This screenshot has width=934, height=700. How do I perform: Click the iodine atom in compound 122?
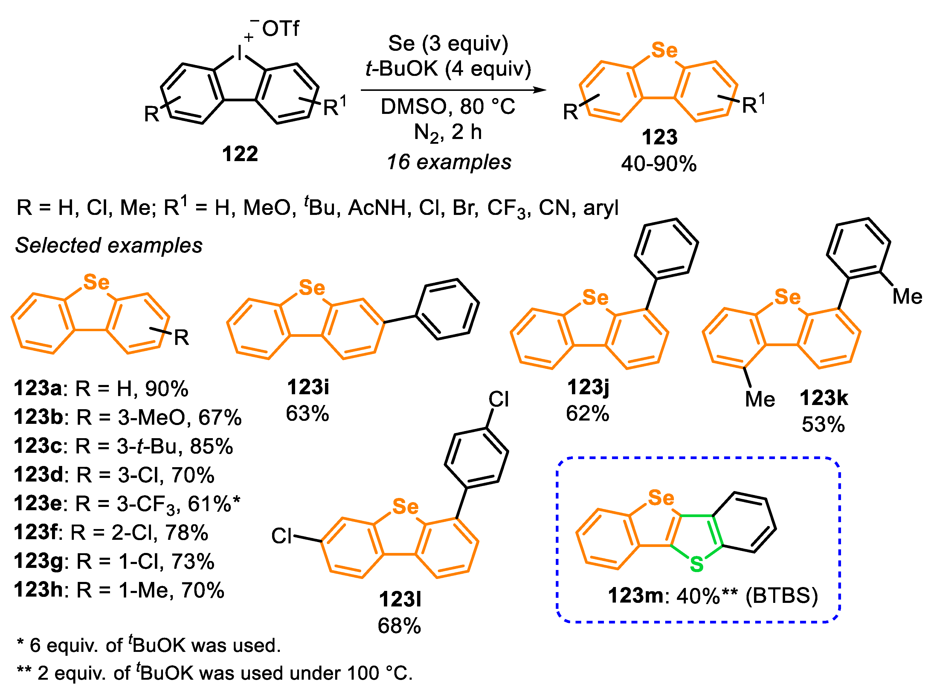pos(239,54)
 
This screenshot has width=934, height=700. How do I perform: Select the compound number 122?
pos(240,154)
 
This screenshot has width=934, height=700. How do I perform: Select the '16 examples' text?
pos(449,162)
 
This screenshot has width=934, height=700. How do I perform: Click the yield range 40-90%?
pos(658,163)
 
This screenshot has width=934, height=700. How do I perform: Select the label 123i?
pos(308,387)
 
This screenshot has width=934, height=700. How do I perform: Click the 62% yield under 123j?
pos(587,414)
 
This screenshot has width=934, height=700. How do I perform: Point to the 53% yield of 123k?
pos(823,425)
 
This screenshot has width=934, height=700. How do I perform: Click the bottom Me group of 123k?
pos(760,399)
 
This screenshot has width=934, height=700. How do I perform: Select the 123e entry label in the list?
pos(38,504)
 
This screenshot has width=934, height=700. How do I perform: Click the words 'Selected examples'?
pos(109,245)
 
